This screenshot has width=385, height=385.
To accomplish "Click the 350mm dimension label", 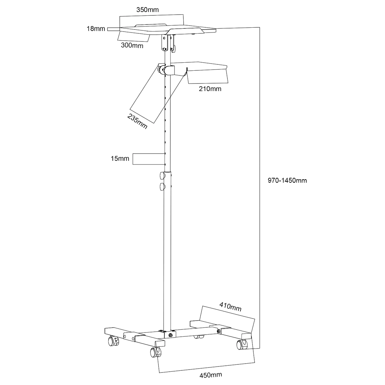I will (x=147, y=10).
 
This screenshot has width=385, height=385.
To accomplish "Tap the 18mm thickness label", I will (x=96, y=29).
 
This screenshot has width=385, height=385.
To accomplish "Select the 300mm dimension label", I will (x=132, y=45).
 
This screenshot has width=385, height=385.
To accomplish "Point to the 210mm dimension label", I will (x=210, y=89).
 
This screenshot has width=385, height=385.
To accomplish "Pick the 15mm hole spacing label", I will (x=120, y=159).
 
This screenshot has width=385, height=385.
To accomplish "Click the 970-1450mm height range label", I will (x=287, y=181).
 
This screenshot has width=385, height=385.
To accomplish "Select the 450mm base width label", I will (x=211, y=375).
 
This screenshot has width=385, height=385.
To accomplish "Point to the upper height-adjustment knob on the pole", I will (x=162, y=175).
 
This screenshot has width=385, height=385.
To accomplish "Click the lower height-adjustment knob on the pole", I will (x=162, y=187).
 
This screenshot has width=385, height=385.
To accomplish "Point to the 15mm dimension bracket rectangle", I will (x=148, y=159).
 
